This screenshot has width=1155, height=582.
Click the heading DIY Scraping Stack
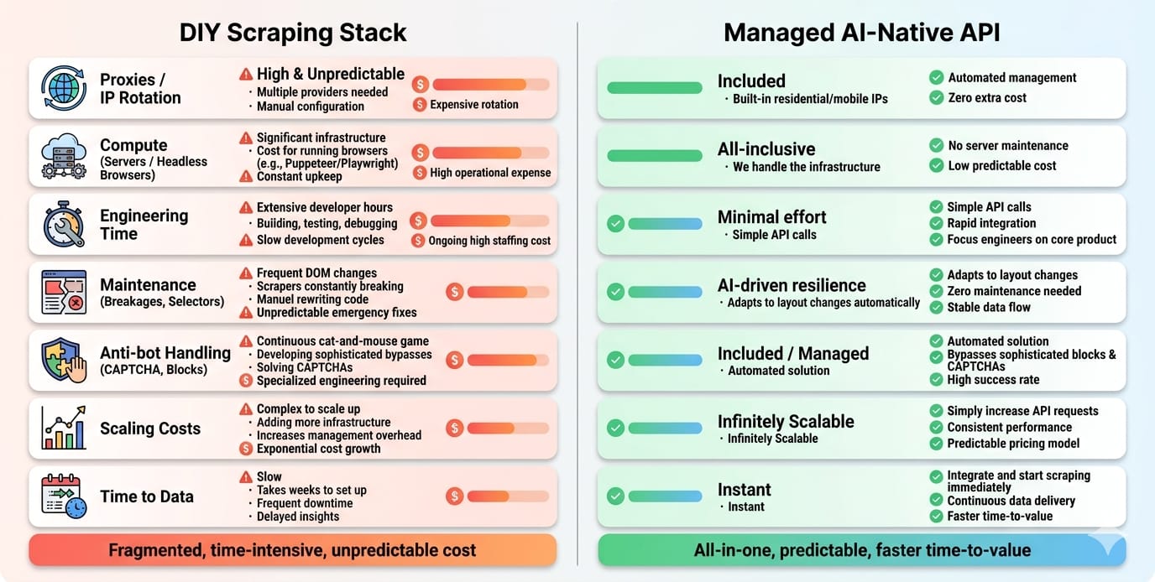point(293,33)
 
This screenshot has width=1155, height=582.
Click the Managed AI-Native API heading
point(861,33)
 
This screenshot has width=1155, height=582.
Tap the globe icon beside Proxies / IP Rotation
point(64,88)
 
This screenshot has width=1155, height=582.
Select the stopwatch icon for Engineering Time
point(64,225)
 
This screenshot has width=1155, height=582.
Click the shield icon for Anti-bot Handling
point(64,360)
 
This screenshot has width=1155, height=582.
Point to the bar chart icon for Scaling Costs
point(64,428)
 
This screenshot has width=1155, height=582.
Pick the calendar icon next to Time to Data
point(64,496)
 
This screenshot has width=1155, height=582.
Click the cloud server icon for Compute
point(64,156)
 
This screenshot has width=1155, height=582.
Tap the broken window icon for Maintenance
point(64,292)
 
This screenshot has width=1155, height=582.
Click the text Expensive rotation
point(473,105)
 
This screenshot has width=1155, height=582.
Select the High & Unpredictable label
point(330,74)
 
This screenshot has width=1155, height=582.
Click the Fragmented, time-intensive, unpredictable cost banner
point(292,550)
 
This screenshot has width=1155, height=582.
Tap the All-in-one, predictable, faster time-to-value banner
point(861,550)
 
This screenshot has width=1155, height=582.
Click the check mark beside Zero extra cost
point(937,98)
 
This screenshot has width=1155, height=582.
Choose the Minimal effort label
point(771,217)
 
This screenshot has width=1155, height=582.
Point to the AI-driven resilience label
point(791,285)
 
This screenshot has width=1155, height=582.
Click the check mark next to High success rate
point(937,380)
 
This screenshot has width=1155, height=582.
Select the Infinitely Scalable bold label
point(785,421)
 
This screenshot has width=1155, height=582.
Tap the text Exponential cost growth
point(318,449)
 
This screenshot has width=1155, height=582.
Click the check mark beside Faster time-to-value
point(937,516)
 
